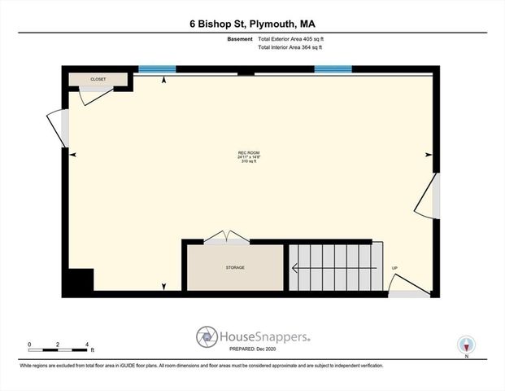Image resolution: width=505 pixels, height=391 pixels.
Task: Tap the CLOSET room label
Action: (x=98, y=79)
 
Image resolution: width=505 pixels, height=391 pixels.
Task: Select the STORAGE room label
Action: (x=235, y=267)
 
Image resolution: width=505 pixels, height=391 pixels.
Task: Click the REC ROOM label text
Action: (x=249, y=153)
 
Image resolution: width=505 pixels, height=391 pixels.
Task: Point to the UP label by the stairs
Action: (x=394, y=268)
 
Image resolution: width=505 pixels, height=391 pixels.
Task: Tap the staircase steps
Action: (x=334, y=267)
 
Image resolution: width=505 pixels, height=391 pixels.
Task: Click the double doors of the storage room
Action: (x=227, y=237)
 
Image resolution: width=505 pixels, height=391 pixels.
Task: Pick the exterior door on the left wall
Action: (x=58, y=129)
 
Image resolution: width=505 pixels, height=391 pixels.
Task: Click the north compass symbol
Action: (x=467, y=345)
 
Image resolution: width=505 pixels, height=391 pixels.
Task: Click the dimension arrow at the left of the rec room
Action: (x=73, y=154)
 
